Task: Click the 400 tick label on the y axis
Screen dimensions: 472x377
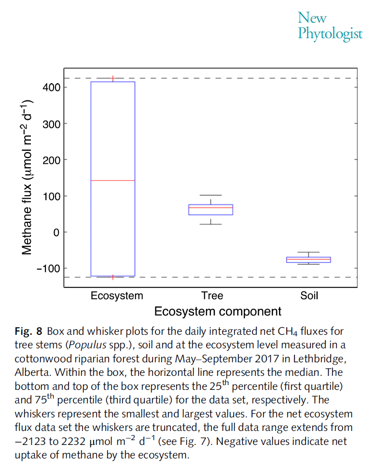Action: (x=50, y=87)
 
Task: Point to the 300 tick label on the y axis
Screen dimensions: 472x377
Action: (x=50, y=124)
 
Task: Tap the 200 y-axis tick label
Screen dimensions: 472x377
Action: (x=50, y=160)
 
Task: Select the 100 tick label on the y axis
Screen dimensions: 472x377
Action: (x=50, y=196)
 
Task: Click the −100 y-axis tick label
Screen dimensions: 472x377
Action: (x=47, y=269)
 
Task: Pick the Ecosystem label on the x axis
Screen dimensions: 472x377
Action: (x=117, y=295)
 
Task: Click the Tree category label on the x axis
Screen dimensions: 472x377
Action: (x=212, y=295)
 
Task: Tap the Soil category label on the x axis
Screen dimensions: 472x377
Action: (x=309, y=295)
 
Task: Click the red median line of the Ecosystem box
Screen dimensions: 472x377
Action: (x=113, y=180)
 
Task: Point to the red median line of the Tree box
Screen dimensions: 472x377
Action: (x=210, y=208)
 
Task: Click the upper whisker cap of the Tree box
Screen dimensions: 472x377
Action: (x=210, y=195)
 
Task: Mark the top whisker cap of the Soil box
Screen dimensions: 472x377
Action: (x=308, y=252)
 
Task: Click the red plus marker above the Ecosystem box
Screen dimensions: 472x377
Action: (x=113, y=78)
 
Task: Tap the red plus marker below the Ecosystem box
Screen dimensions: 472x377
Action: (x=113, y=277)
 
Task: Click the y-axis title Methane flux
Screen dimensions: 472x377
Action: (x=27, y=177)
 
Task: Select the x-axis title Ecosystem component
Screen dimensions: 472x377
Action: (x=218, y=312)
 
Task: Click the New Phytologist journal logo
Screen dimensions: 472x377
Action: (x=330, y=26)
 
